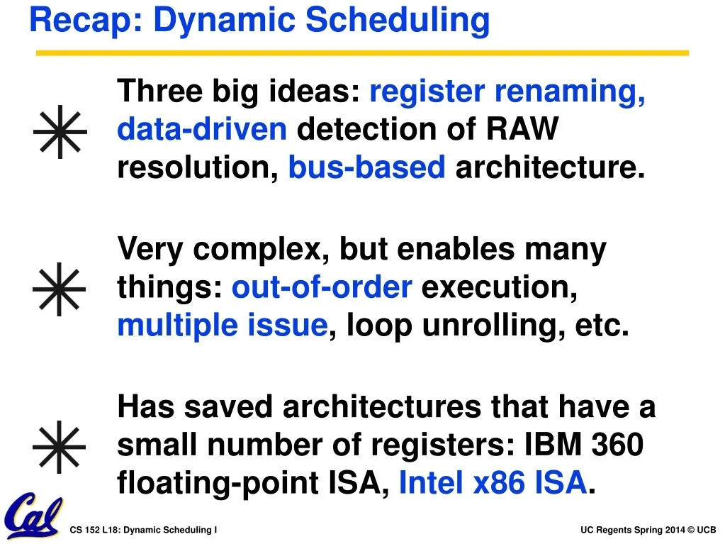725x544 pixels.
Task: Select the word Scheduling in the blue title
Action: (397, 21)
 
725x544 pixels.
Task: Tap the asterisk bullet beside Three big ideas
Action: (60, 132)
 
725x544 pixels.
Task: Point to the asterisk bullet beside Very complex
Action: (60, 289)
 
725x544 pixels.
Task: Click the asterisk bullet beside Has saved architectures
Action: (60, 447)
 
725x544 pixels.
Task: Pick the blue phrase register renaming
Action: (507, 91)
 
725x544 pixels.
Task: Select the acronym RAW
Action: (522, 128)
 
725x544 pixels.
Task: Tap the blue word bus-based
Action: (367, 167)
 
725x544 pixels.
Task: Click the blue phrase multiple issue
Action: (223, 326)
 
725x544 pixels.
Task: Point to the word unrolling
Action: (493, 326)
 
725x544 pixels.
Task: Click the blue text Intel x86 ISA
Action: (493, 482)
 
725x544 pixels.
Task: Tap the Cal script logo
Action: (34, 516)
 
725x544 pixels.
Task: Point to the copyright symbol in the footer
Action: (691, 530)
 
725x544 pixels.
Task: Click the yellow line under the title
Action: (363, 53)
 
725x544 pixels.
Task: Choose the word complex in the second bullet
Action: (260, 250)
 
